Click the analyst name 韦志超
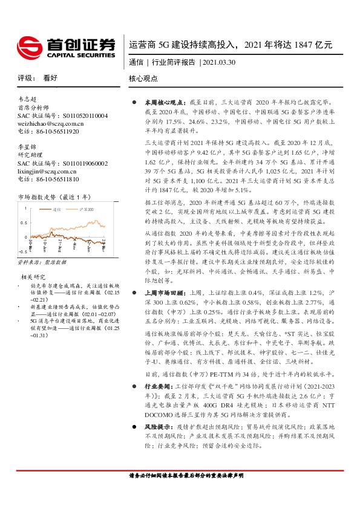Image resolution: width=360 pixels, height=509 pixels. (27, 99)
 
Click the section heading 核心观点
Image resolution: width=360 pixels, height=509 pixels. (143, 79)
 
